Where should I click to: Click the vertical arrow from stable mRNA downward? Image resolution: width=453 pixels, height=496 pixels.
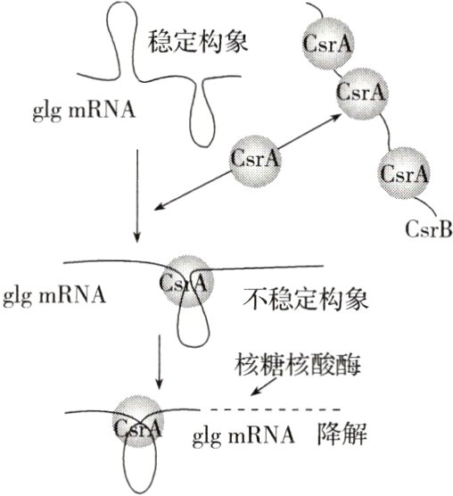pos(136,196)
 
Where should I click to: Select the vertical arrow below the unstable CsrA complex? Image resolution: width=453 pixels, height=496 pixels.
pos(157,362)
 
